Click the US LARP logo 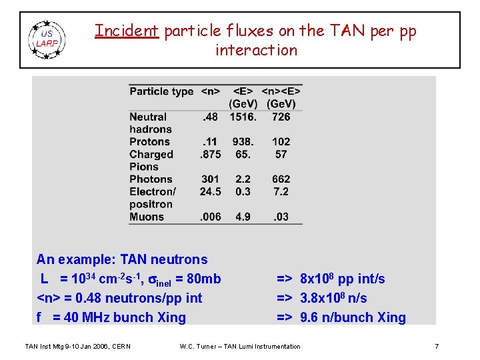pos(47,39)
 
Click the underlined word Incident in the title pos(126,31)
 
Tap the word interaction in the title pos(256,51)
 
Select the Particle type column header pos(161,91)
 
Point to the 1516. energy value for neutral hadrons pos(243,117)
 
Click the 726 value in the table pos(281,117)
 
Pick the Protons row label pos(150,141)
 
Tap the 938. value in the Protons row pos(243,141)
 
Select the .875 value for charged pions pos(211,154)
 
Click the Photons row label pos(151,179)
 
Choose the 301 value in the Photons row pos(211,179)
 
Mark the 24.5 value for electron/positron pos(211,191)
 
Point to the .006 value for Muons pos(211,217)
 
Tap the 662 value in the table pos(281,179)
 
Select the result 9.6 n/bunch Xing pos(353,317)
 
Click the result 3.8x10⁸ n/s pos(333,298)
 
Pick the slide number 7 pos(436,346)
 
